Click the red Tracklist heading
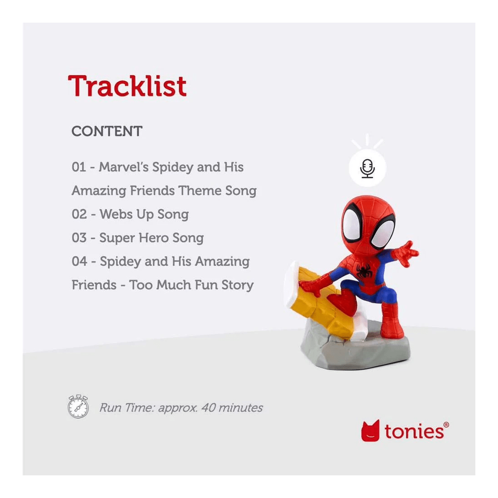(x=127, y=86)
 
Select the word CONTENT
(x=107, y=131)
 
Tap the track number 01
(x=78, y=167)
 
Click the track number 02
(x=79, y=214)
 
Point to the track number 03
(x=79, y=238)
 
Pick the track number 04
(x=79, y=261)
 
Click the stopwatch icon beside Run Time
(x=78, y=406)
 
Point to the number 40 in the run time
(x=208, y=407)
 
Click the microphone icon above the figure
(x=368, y=168)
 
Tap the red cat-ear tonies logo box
(x=370, y=431)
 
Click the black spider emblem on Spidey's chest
(x=363, y=271)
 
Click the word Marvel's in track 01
(x=123, y=167)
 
